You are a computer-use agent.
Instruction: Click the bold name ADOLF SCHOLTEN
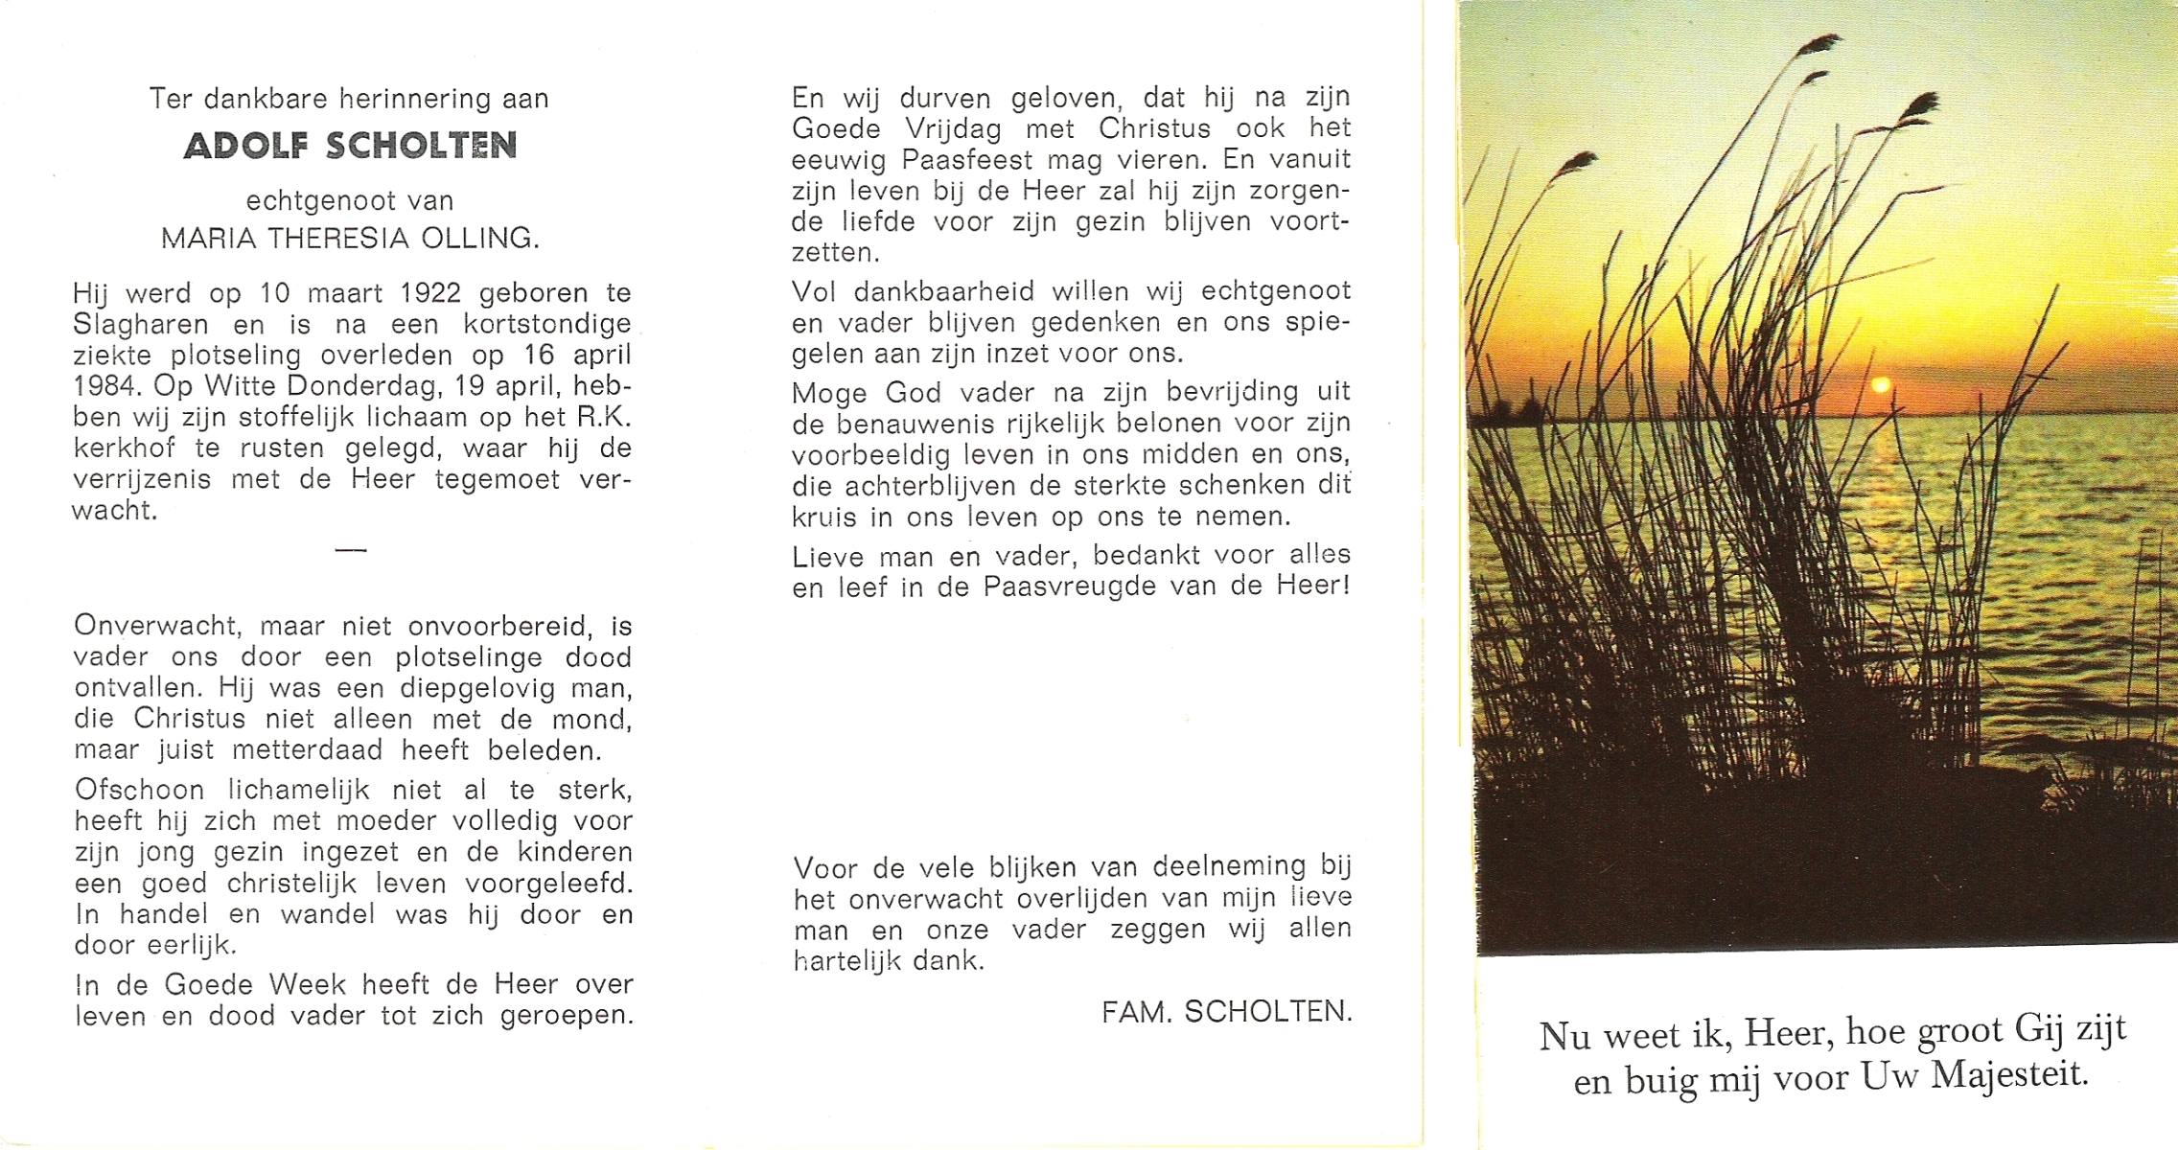(350, 147)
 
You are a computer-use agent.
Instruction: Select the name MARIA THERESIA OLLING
(350, 239)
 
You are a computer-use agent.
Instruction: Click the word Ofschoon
(140, 791)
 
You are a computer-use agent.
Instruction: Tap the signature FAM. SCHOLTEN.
(1226, 1012)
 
